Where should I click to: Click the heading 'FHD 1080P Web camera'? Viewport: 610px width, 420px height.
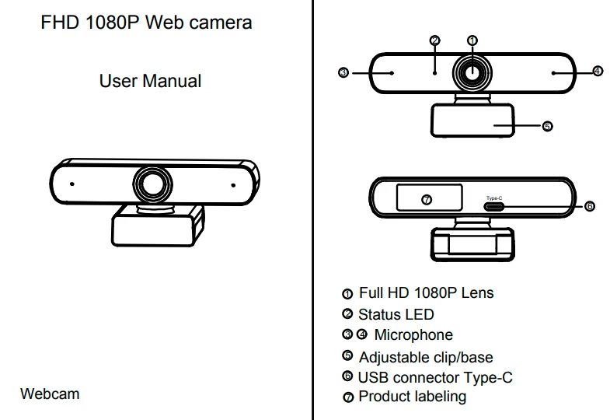[x=146, y=23]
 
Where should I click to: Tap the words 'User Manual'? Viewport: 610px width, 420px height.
[x=150, y=81]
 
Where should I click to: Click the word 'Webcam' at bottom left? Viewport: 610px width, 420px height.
[x=50, y=394]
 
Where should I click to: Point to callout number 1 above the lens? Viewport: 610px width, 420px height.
[x=472, y=40]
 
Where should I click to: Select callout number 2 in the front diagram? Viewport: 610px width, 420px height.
[x=434, y=40]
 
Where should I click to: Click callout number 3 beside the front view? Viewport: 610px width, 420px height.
[x=344, y=72]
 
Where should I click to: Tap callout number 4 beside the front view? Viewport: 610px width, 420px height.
[x=597, y=72]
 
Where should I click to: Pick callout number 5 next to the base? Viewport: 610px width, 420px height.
[x=547, y=126]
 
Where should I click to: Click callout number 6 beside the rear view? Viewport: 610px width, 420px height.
[x=589, y=206]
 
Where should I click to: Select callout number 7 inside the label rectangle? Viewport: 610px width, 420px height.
[x=426, y=200]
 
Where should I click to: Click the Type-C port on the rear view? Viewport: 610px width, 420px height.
[x=494, y=207]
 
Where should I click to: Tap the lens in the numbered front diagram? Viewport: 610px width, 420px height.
[x=472, y=72]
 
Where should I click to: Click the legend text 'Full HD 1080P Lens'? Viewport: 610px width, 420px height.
[x=426, y=293]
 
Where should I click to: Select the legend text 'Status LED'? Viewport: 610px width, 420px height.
[x=396, y=315]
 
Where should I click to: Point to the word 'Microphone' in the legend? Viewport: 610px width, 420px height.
[x=413, y=335]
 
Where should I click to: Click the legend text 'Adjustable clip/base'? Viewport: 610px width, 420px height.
[x=425, y=357]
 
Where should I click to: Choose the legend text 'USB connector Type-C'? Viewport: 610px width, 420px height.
[x=434, y=377]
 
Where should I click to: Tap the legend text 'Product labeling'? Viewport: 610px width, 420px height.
[x=412, y=397]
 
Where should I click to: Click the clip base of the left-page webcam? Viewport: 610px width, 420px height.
[x=152, y=229]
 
